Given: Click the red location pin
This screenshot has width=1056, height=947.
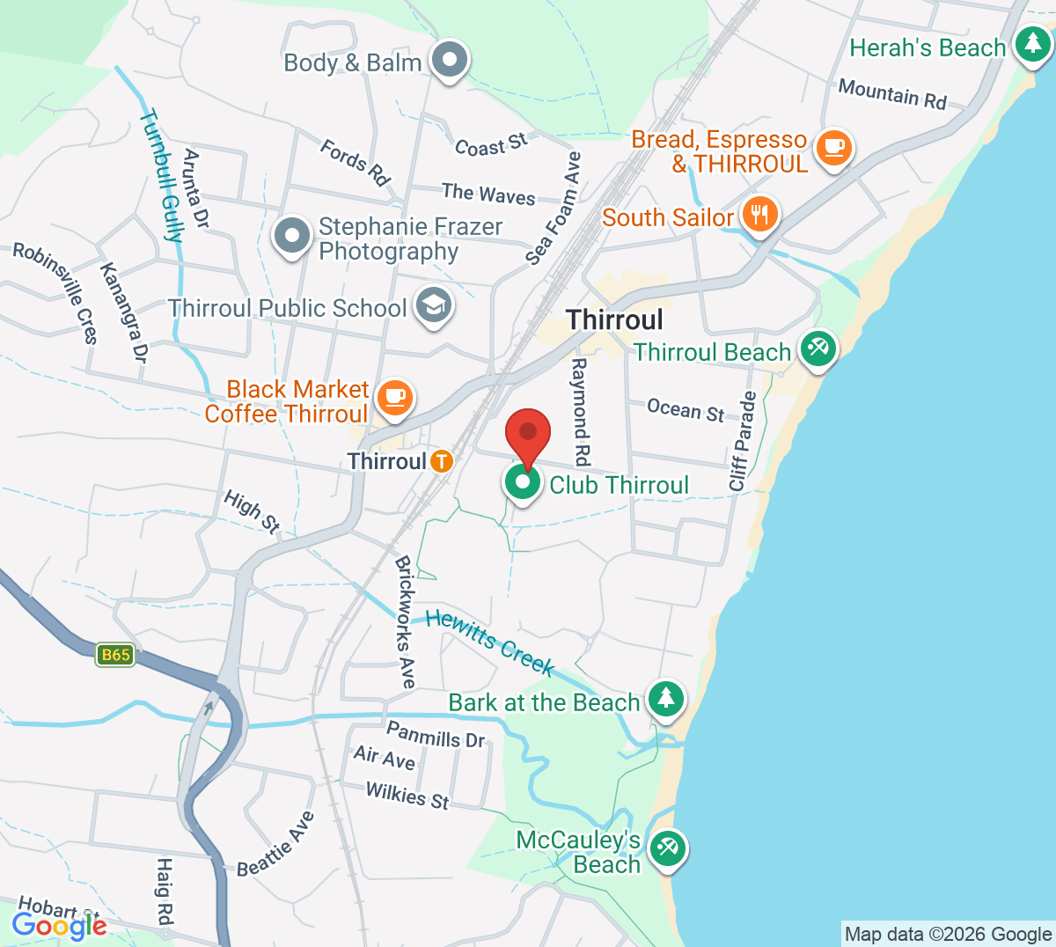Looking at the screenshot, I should [x=528, y=434].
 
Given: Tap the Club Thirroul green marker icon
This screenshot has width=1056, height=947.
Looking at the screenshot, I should [x=523, y=483].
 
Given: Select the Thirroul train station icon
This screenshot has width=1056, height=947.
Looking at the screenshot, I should [x=441, y=460].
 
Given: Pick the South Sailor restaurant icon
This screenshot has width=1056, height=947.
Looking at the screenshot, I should [x=759, y=214].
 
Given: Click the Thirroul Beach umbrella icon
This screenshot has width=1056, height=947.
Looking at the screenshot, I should [x=818, y=349].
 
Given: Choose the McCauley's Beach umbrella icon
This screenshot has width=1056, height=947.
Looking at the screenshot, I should [x=668, y=849].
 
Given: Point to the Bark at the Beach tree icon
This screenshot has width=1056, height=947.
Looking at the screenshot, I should [x=666, y=699].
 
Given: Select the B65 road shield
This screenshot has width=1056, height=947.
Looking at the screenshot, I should [x=115, y=655].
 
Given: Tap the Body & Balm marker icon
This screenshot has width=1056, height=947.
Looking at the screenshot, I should [x=451, y=61].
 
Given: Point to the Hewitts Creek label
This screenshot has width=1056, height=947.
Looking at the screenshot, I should [x=490, y=643].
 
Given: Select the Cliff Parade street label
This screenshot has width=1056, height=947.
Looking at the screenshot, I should [x=743, y=441].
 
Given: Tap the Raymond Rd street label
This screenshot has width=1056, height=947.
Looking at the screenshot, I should [x=580, y=411].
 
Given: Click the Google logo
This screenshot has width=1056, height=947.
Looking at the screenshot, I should [x=59, y=925].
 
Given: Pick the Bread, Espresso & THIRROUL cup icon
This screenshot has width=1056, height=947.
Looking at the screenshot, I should [x=833, y=147].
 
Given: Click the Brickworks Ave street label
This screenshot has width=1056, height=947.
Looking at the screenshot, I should [x=405, y=621].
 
